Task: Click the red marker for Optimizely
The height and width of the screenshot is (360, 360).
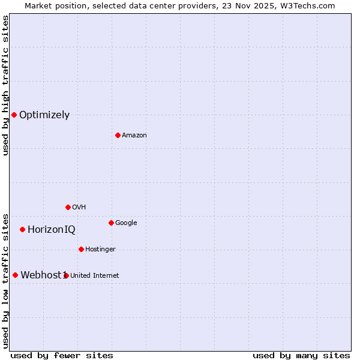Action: [x=14, y=115]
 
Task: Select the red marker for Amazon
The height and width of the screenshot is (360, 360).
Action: [x=118, y=135]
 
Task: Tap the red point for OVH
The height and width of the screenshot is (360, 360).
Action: [x=68, y=207]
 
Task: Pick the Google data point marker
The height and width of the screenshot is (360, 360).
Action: [x=111, y=223]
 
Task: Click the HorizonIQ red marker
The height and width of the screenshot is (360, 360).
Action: [x=22, y=229]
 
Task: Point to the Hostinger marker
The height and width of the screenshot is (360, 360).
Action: [x=81, y=249]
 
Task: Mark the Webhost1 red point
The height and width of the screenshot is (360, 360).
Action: [x=15, y=275]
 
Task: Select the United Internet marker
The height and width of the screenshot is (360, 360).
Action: [x=66, y=275]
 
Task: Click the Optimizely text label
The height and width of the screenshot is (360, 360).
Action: [x=44, y=115]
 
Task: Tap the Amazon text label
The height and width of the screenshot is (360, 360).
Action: [x=134, y=136]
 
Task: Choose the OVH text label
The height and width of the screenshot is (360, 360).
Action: [x=79, y=208]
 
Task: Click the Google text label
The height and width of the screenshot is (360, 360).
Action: [x=126, y=223]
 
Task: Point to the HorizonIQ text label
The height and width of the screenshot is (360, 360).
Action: [x=52, y=230]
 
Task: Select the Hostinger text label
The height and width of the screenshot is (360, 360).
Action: [x=100, y=250]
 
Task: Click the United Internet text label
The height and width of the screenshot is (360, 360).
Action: [x=95, y=276]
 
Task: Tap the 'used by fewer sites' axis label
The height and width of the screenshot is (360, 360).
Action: [x=62, y=355]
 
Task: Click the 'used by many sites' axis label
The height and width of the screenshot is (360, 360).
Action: [x=301, y=355]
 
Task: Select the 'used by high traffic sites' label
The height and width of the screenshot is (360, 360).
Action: [x=5, y=85]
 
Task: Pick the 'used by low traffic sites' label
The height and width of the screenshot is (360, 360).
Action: [x=5, y=280]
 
